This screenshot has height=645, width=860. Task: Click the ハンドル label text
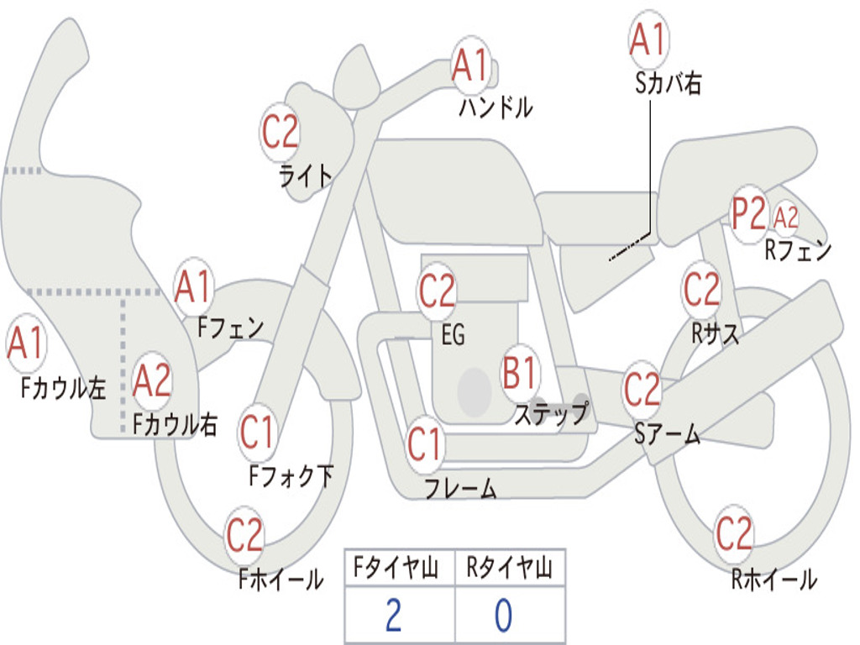pyautogui.click(x=496, y=107)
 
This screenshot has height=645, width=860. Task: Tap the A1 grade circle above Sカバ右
pyautogui.click(x=648, y=40)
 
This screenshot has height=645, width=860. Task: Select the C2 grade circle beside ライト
pyautogui.click(x=281, y=132)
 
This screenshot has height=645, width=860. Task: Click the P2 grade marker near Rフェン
pyautogui.click(x=748, y=214)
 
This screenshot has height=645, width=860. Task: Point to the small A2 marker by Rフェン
pyautogui.click(x=786, y=218)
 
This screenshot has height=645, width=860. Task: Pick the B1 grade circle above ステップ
pyautogui.click(x=521, y=373)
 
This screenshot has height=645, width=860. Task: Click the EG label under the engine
pyautogui.click(x=453, y=335)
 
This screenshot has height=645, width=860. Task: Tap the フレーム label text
pyautogui.click(x=460, y=488)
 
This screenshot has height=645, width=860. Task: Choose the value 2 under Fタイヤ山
pyautogui.click(x=393, y=616)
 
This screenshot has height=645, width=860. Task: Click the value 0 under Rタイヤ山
pyautogui.click(x=503, y=616)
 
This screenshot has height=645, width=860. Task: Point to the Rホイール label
pyautogui.click(x=773, y=579)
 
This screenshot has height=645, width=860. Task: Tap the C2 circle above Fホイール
pyautogui.click(x=245, y=535)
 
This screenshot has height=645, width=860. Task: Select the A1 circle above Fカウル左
pyautogui.click(x=25, y=344)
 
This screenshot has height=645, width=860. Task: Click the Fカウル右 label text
pyautogui.click(x=176, y=424)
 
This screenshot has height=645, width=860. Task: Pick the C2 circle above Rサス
pyautogui.click(x=701, y=290)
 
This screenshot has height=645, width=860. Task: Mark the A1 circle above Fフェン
pyautogui.click(x=194, y=287)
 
